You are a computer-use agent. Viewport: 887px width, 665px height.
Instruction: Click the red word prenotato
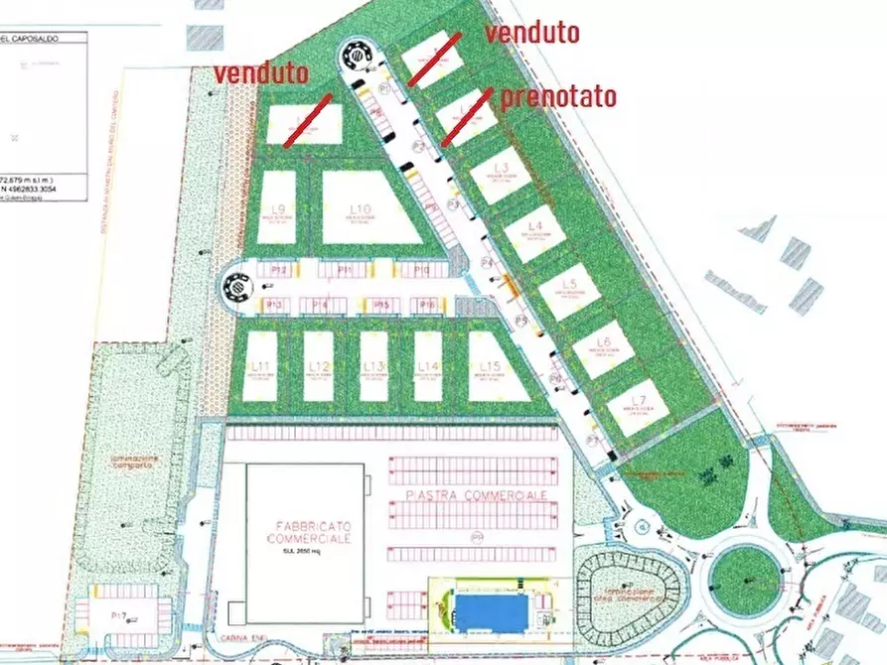[x=558, y=96]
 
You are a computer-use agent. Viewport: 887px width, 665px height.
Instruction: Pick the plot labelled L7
[x=636, y=407]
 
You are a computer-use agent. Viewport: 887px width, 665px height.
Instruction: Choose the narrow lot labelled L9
[x=277, y=208]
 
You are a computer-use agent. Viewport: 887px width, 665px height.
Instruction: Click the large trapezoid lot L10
[x=365, y=209]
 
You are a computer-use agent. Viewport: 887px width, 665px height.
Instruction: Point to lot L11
[x=261, y=366]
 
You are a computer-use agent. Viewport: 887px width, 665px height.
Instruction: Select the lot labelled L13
[x=373, y=366]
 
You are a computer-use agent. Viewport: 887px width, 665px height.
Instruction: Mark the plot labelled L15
[x=492, y=366]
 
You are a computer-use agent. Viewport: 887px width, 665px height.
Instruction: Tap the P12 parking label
[x=279, y=270]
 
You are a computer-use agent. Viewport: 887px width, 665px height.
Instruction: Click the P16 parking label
[x=426, y=305]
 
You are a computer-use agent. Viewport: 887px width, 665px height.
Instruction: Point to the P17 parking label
[x=117, y=615]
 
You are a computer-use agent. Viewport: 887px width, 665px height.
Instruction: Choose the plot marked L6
[x=603, y=348]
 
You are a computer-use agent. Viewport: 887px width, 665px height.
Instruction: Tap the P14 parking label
[x=320, y=305]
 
